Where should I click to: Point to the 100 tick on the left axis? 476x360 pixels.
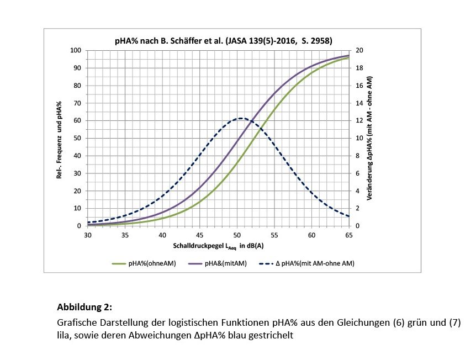click(76, 51)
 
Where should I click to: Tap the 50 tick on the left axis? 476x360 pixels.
click(77, 139)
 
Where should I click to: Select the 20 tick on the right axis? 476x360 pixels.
click(360, 51)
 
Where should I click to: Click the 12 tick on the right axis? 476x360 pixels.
click(360, 121)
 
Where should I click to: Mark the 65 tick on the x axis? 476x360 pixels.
click(349, 235)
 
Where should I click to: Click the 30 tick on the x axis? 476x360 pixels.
click(87, 235)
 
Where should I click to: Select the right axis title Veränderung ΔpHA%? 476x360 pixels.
click(376, 138)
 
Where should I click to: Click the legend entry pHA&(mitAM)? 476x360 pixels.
click(221, 263)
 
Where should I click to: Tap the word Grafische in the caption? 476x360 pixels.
click(76, 322)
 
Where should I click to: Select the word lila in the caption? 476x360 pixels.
click(64, 334)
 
